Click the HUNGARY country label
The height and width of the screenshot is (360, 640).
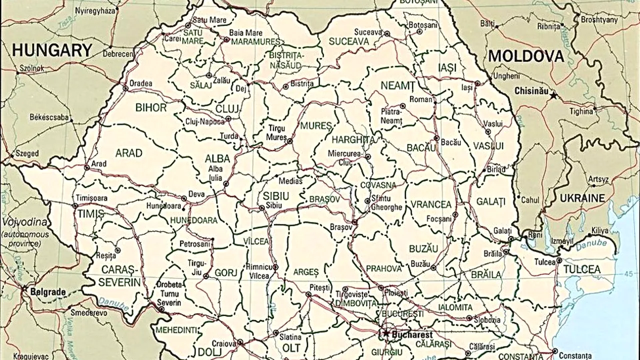pyautogui.click(x=52, y=50)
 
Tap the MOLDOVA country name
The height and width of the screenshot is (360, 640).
pyautogui.click(x=526, y=56)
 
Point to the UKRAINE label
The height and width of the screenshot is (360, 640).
pyautogui.click(x=582, y=198)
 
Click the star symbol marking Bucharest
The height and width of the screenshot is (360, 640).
pyautogui.click(x=385, y=332)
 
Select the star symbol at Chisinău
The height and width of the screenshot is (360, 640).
pyautogui.click(x=553, y=95)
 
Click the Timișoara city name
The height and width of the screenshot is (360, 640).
pyautogui.click(x=91, y=198)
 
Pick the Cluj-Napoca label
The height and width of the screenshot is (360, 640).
pyautogui.click(x=205, y=121)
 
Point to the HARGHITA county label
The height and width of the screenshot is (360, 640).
pyautogui.click(x=353, y=139)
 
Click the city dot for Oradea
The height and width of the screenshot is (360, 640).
pyautogui.click(x=125, y=88)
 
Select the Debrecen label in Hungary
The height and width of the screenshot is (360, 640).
pyautogui.click(x=118, y=53)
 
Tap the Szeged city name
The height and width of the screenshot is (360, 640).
pyautogui.click(x=27, y=153)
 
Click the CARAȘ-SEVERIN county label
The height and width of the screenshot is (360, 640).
pyautogui.click(x=119, y=276)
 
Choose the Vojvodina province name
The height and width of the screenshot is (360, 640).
pyautogui.click(x=24, y=222)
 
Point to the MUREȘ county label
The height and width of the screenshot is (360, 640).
pyautogui.click(x=316, y=125)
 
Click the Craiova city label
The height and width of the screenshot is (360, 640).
pyautogui.click(x=223, y=343)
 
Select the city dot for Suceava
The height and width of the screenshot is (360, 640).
pyautogui.click(x=386, y=34)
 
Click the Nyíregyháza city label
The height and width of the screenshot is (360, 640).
pyautogui.click(x=94, y=10)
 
